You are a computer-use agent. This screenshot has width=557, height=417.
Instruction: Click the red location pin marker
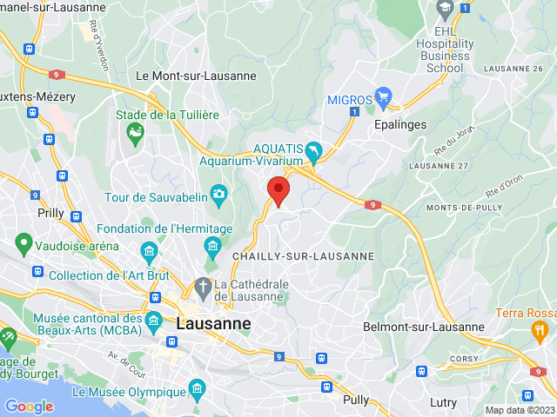click(x=278, y=190)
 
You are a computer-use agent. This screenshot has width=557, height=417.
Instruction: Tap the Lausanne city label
click(x=213, y=323)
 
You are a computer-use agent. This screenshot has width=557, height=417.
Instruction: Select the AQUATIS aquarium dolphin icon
click(x=313, y=153)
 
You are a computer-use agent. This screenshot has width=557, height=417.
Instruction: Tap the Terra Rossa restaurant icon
click(x=540, y=329)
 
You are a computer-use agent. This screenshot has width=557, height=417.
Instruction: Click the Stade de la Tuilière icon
click(x=135, y=132)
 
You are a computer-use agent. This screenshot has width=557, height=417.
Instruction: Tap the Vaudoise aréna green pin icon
click(x=23, y=242)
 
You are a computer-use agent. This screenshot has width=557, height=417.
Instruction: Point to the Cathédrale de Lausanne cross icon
click(x=203, y=286)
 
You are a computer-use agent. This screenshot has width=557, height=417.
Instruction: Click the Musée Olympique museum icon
click(x=195, y=386)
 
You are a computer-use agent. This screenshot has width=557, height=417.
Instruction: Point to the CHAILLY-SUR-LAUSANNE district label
click(x=303, y=256)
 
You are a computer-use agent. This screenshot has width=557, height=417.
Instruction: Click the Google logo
click(x=29, y=406)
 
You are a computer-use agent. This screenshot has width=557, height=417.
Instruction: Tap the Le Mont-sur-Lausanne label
click(x=196, y=76)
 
